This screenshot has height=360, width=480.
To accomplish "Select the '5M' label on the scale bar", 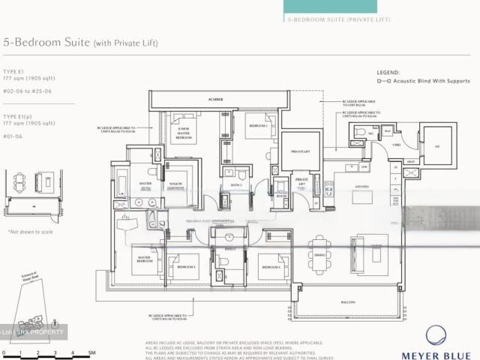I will [91, 352].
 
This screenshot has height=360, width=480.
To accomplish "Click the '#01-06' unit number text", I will [13, 136].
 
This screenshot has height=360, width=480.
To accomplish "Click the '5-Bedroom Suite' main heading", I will [46, 43].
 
